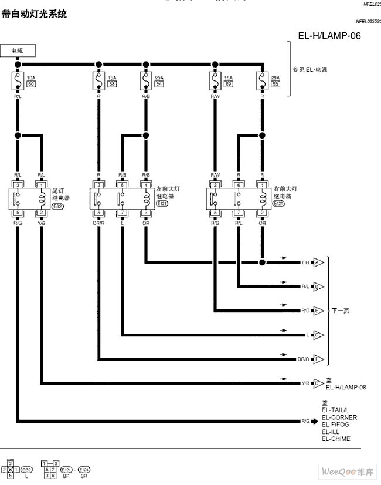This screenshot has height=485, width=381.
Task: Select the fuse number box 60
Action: [x=31, y=85]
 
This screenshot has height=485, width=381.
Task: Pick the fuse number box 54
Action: [x=159, y=85]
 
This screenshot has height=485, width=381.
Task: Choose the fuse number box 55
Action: [x=276, y=85]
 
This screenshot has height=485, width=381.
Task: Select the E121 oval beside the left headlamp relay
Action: [x=162, y=203]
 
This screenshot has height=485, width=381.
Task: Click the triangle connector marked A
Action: [x=317, y=262]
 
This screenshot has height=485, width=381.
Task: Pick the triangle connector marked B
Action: [x=317, y=287]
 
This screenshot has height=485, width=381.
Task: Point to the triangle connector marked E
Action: [x=317, y=311]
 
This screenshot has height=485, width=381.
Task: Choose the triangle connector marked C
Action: [x=317, y=335]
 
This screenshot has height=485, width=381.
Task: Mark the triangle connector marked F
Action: [x=317, y=358]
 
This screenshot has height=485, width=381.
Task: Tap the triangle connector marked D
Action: [x=317, y=383]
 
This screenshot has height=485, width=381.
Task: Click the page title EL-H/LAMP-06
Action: [x=329, y=35]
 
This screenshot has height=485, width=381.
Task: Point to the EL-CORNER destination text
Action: [x=339, y=417]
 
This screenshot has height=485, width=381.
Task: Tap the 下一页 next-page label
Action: [x=340, y=311]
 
